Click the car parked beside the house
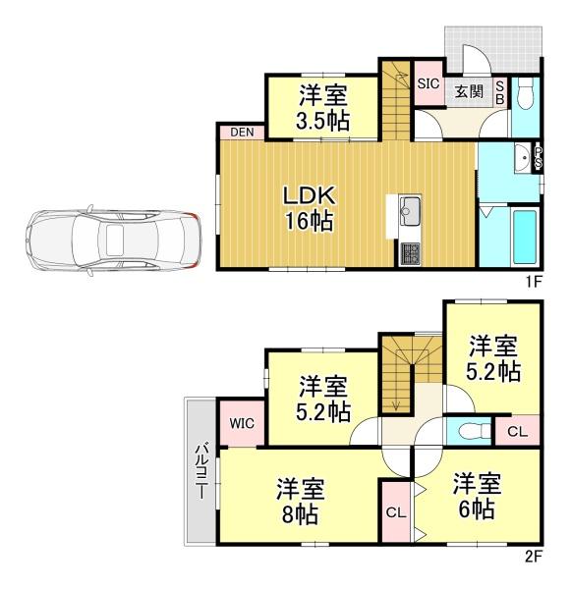(x=114, y=241)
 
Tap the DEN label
(x=242, y=133)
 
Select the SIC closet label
(x=428, y=83)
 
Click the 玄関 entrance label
(x=469, y=91)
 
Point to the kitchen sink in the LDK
(x=410, y=211)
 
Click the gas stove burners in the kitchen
(x=410, y=253)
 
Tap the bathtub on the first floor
(x=525, y=237)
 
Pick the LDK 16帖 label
(x=310, y=208)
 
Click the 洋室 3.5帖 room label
(x=322, y=107)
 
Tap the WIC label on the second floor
(x=242, y=423)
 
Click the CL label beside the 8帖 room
(x=396, y=512)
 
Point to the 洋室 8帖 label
(x=300, y=501)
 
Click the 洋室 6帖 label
(x=477, y=496)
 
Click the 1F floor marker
(x=533, y=282)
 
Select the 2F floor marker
(x=533, y=557)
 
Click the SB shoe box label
(x=500, y=93)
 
